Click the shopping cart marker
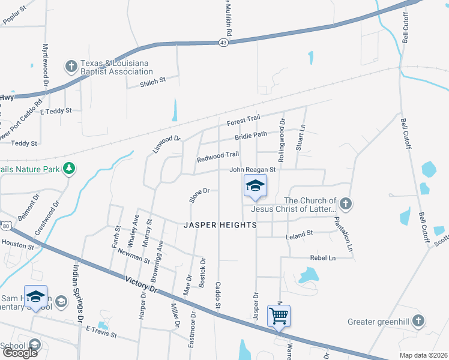279,316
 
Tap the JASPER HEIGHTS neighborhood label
220,225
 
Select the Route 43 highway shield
223,43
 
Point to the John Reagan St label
252,170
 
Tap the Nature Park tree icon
70,169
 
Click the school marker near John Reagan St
255,187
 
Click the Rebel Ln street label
322,258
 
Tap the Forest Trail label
243,121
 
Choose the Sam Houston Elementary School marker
35,298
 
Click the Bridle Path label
250,136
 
